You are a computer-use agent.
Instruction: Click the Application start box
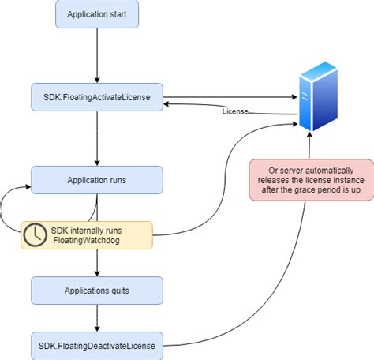(x=97, y=14)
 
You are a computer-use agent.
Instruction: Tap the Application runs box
(x=97, y=180)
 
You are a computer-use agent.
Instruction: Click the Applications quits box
(x=97, y=291)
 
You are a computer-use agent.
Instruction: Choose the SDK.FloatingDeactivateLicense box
(x=97, y=345)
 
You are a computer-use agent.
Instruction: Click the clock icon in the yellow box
(x=34, y=234)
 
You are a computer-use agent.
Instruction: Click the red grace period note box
(x=311, y=180)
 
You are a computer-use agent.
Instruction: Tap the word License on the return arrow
(x=235, y=111)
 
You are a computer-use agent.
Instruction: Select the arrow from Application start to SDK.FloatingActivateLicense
(x=97, y=55)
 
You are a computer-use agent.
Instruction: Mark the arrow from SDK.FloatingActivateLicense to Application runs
(x=97, y=138)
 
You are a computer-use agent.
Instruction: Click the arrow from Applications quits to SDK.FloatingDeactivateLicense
(x=97, y=318)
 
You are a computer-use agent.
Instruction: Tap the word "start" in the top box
(x=125, y=14)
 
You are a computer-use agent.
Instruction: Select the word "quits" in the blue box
(x=118, y=291)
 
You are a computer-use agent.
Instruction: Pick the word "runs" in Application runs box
(x=115, y=180)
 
